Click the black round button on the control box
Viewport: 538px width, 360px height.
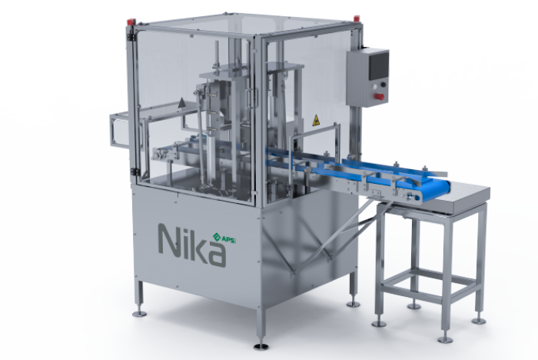coord(383,85)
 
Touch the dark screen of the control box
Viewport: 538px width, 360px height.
coord(378,65)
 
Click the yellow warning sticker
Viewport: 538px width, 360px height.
coord(316,120)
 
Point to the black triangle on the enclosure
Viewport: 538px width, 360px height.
coord(181,102)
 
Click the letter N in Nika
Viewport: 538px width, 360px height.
coord(169,239)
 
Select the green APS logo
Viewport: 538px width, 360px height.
coord(224,238)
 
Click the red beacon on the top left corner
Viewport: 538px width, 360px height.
coord(131,22)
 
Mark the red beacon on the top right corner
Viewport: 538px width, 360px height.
coord(356,18)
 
